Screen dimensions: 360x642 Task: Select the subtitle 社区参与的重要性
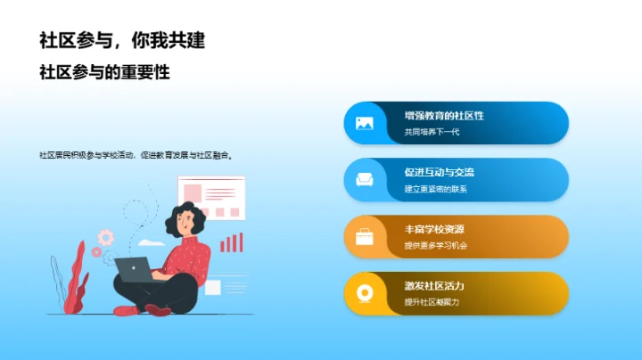click(104, 73)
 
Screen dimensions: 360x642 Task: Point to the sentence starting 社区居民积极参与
click(136, 155)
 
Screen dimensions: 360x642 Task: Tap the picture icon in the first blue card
click(365, 124)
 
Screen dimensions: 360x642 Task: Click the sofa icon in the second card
click(365, 180)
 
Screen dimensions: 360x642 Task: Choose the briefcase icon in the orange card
click(365, 236)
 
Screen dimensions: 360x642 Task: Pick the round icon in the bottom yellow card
click(365, 293)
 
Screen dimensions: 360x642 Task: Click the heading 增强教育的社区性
click(443, 116)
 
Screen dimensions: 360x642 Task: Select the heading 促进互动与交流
click(439, 172)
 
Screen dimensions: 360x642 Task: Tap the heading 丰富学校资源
click(434, 229)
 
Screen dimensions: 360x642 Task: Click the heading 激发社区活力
click(434, 285)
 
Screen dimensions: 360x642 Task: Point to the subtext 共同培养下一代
click(432, 133)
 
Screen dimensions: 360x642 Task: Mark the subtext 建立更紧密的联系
click(436, 189)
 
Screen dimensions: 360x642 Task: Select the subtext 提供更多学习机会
click(436, 246)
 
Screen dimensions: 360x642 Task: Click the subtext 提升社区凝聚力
click(432, 302)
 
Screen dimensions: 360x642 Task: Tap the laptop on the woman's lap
click(134, 269)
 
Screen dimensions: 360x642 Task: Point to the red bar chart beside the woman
click(232, 242)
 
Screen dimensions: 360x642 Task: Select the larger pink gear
click(106, 237)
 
